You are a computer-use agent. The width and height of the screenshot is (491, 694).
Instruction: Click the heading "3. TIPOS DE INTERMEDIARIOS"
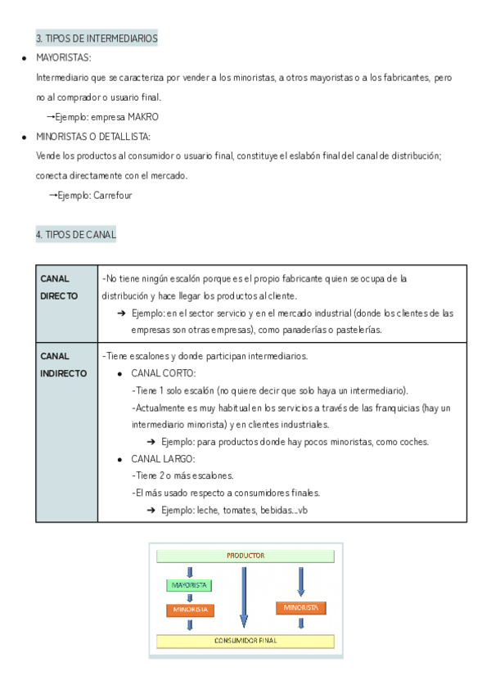tap(97, 38)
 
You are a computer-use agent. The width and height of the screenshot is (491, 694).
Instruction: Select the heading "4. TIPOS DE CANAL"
tap(75, 235)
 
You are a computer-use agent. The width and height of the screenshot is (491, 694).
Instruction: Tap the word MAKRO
tap(144, 117)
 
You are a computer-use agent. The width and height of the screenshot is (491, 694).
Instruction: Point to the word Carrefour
tap(113, 196)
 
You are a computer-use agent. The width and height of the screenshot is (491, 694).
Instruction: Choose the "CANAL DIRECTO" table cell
tap(65, 287)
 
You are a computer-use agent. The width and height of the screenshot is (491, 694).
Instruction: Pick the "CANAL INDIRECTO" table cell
tap(65, 364)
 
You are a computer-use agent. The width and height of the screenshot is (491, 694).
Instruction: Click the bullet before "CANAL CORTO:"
tap(120, 374)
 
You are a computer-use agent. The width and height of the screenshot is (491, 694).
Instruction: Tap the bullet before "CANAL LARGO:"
tap(120, 459)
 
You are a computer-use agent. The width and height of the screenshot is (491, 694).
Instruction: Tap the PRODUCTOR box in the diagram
tap(245, 556)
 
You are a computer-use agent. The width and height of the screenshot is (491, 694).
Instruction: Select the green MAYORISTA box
tap(190, 585)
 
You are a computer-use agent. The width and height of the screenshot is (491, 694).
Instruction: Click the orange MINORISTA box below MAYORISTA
tap(190, 610)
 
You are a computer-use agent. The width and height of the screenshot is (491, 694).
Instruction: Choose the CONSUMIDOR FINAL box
tap(245, 640)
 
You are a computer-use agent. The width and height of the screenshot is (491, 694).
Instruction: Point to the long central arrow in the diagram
tap(243, 595)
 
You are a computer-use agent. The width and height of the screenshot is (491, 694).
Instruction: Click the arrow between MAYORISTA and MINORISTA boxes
tap(190, 597)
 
